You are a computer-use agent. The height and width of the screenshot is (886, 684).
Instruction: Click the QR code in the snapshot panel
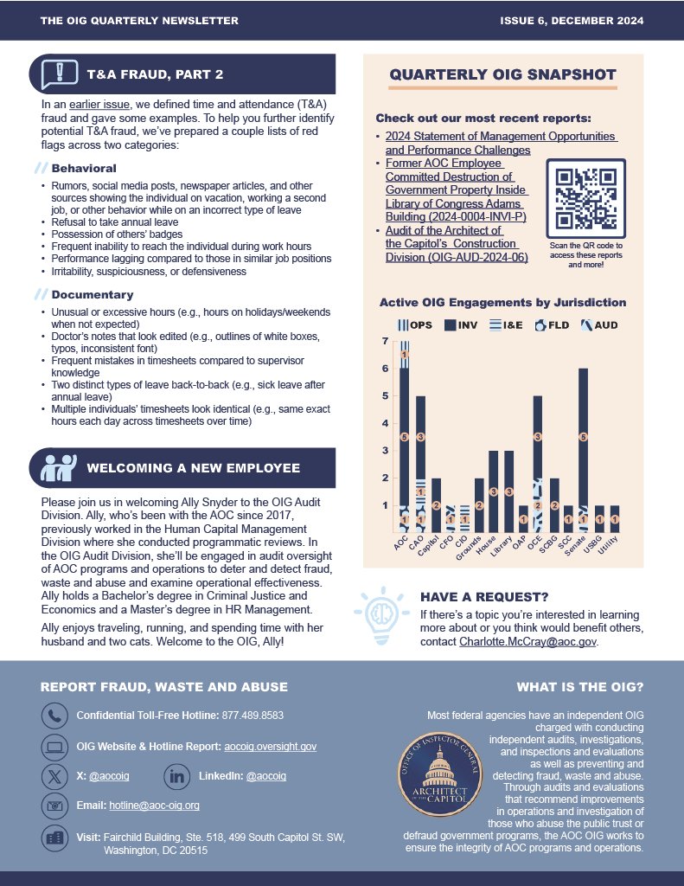coord(586,198)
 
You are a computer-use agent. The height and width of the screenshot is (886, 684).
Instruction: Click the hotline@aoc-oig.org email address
coord(154,806)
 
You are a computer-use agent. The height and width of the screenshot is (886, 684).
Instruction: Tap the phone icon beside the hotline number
coord(54,716)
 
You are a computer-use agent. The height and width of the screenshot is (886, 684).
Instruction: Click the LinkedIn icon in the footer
coord(176,776)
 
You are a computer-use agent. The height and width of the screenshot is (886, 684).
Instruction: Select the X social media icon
coord(54,776)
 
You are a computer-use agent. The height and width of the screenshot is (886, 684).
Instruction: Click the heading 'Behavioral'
coord(84,168)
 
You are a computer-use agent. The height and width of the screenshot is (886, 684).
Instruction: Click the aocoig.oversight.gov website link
coord(270,746)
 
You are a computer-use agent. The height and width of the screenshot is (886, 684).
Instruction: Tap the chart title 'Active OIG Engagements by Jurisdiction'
coord(502,303)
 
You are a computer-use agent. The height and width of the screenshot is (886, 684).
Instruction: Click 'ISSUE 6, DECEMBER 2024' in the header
coord(571,21)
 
